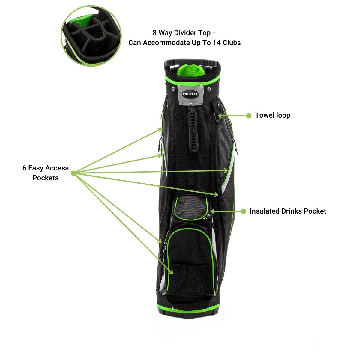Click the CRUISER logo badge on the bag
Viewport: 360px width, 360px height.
(x=190, y=94)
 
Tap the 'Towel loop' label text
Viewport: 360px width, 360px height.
(x=272, y=115)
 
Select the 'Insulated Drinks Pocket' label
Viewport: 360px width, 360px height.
(x=288, y=211)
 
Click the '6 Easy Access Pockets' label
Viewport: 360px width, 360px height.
(x=46, y=173)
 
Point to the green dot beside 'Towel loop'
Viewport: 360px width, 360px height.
(x=249, y=115)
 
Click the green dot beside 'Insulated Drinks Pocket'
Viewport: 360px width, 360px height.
(x=244, y=211)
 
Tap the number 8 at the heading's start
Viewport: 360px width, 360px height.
(x=154, y=32)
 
